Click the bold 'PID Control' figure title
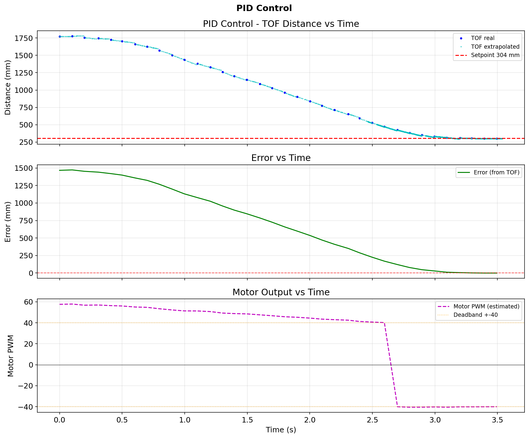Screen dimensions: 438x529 coord(264,8)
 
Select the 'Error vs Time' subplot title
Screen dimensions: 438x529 coord(281,158)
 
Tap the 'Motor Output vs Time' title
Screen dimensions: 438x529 coord(281,292)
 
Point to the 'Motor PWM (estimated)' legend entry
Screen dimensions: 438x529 coord(486,306)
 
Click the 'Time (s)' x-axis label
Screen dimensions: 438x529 coord(281,430)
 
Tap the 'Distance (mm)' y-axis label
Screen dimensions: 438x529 coord(8,87)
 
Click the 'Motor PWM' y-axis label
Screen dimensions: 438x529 coord(11,356)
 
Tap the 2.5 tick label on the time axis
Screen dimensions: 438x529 coord(372,420)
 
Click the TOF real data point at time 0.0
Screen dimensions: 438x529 coord(60,37)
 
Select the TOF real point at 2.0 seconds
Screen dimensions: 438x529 coord(310,102)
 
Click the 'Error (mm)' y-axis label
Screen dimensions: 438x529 coord(8,222)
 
